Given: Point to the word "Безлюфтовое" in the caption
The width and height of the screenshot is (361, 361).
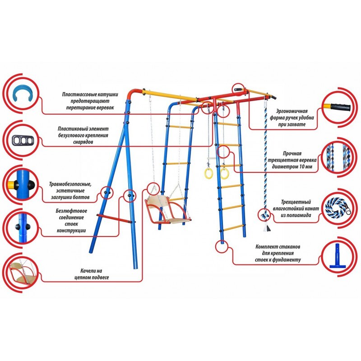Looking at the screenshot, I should pyautogui.click(x=68, y=211).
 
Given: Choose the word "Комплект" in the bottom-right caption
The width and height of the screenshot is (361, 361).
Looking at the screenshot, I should pyautogui.click(x=266, y=247).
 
